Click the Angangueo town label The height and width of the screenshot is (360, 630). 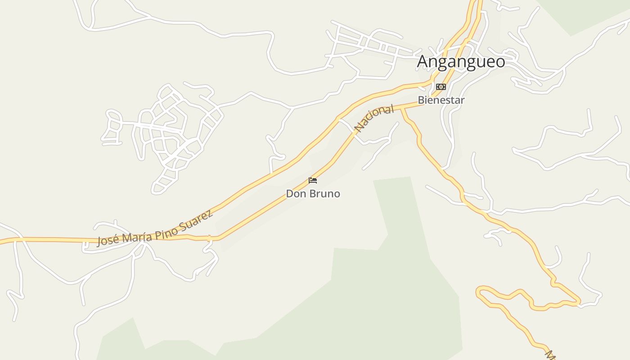pos(461,62)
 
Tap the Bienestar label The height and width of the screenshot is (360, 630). pos(441,100)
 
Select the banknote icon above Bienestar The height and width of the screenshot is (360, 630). pos(441,87)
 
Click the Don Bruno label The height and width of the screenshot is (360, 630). pos(313,194)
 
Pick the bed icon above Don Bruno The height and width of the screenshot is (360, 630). pos(313,180)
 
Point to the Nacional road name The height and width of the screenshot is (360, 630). pos(374,118)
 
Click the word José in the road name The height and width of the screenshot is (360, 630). pos(108,240)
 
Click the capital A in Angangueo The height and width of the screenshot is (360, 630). pos(422,62)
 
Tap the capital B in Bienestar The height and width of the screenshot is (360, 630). pos(421,100)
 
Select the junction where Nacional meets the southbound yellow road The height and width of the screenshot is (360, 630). pos(402,108)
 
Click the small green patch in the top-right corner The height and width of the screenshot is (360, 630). pos(585,13)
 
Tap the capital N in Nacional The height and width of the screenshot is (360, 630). pos(359,128)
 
